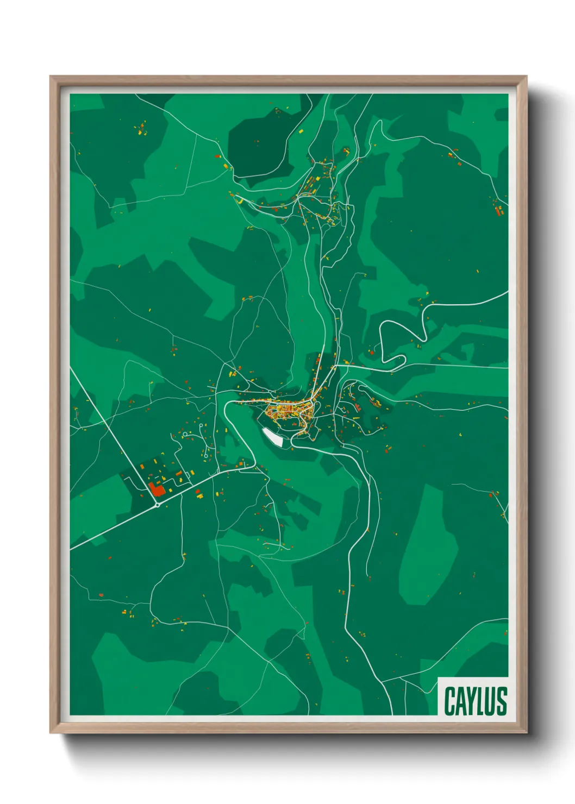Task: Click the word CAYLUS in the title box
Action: coord(475,701)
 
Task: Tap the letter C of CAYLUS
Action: coord(450,701)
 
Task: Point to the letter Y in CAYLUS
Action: coord(471,701)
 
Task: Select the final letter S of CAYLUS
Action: coord(502,701)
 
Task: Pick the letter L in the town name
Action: coord(481,701)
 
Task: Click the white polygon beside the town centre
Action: coord(273,437)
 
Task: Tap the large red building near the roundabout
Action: coord(157,490)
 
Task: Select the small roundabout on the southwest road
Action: coord(158,505)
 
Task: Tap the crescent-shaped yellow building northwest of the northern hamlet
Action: coord(239,201)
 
